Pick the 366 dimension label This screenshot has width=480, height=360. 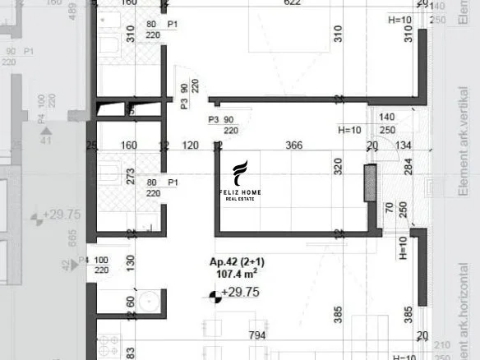point(294,145)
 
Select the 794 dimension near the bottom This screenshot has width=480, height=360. point(258,335)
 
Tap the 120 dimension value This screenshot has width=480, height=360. point(191,145)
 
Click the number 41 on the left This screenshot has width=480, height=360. point(47,141)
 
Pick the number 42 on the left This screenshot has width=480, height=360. point(67,265)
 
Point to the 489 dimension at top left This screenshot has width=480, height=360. point(72,12)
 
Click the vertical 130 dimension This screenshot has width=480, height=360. point(130,261)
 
